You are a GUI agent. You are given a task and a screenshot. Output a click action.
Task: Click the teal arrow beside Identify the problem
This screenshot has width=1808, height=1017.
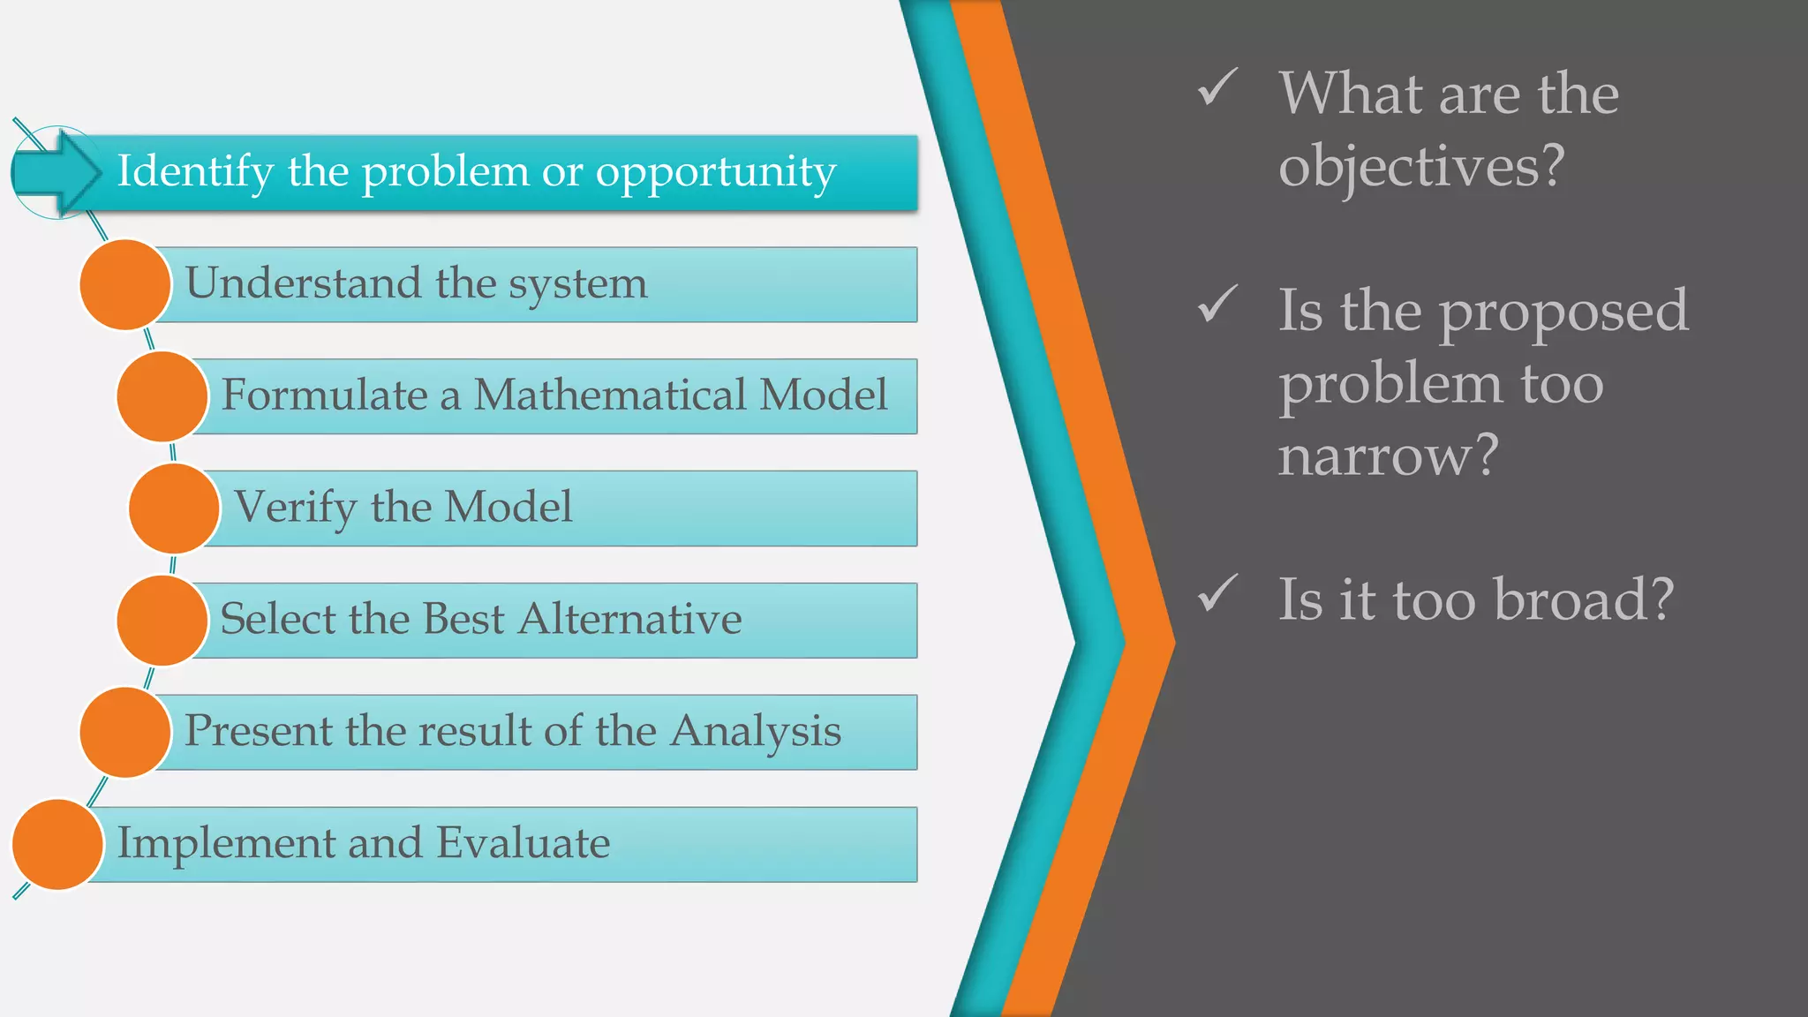click(x=58, y=172)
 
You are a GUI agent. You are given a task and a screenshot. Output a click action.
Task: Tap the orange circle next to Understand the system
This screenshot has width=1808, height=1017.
click(x=124, y=285)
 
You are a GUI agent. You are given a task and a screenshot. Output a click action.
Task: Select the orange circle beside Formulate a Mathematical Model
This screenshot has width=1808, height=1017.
click(x=162, y=396)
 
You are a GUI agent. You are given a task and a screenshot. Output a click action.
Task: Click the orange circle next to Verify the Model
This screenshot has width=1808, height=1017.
click(x=174, y=508)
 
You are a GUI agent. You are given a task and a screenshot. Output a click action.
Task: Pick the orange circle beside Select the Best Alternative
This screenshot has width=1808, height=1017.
click(x=162, y=621)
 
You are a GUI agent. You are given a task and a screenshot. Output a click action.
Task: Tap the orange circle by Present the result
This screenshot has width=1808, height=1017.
click(x=124, y=733)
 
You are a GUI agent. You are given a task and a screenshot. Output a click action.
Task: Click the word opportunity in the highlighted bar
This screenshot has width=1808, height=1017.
click(x=715, y=172)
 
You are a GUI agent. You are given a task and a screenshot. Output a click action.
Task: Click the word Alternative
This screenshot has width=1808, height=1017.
click(x=629, y=619)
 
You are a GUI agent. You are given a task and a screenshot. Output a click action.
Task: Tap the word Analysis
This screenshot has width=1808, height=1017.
click(x=755, y=731)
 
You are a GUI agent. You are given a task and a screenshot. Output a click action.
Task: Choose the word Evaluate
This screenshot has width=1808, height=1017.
click(x=523, y=842)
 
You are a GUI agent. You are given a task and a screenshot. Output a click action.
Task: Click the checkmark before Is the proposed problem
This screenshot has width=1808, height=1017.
click(x=1217, y=305)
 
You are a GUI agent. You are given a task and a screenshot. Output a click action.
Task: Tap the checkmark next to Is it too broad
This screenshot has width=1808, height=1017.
click(x=1217, y=593)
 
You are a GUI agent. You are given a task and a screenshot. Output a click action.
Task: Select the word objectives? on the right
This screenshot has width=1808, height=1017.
click(x=1421, y=166)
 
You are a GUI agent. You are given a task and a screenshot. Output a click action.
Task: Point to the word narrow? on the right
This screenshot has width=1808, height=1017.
click(x=1388, y=456)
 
